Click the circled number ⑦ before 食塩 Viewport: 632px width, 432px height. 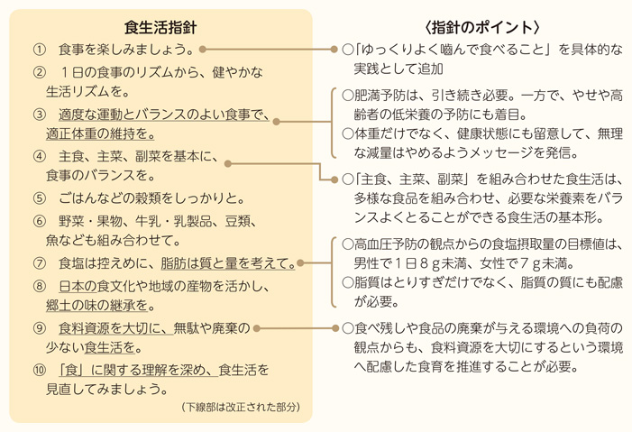pos(40,263)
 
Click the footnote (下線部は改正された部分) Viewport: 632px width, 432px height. pos(239,408)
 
